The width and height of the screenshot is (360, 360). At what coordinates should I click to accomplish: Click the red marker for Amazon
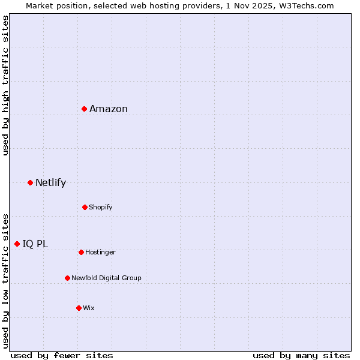pos(85,109)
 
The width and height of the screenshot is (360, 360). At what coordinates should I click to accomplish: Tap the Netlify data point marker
pos(30,182)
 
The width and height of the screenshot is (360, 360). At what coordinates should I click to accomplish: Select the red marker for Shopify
pos(85,207)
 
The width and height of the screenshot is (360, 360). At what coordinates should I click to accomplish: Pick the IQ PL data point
pos(17,244)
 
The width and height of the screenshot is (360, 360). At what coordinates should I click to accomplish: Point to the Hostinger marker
pos(81,252)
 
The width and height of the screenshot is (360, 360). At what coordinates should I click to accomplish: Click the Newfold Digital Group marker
pos(67,278)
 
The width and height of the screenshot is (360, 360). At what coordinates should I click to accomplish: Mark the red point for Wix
pos(79,308)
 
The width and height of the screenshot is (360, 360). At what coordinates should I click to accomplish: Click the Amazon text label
pos(109,109)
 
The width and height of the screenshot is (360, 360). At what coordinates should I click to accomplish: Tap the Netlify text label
pos(50,182)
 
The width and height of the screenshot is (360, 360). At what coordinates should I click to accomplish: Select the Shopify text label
pos(101,207)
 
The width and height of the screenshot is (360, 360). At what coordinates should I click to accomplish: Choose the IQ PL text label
pos(35,244)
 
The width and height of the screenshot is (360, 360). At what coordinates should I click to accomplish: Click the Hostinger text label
pos(100,252)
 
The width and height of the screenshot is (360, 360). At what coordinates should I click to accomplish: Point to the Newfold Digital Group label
pos(106,278)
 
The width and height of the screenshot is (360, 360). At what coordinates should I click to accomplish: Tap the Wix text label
pos(89,308)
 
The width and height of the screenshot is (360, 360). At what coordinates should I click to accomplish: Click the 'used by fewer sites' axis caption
pos(62,355)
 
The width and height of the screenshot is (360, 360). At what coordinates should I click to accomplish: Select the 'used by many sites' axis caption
pos(301,355)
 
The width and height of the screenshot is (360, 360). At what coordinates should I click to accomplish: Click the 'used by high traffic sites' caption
pos(5,85)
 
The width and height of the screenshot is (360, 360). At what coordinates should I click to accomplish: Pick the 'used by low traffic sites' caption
pos(5,280)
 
